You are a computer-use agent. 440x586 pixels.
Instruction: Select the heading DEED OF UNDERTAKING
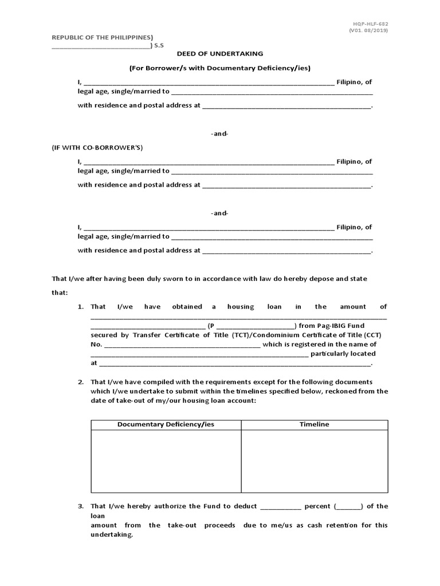(220, 53)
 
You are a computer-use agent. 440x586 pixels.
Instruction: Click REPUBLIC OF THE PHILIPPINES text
(103, 37)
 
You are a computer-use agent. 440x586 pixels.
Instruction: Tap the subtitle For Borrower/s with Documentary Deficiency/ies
(220, 68)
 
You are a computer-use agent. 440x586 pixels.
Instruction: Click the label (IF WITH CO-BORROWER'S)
(97, 148)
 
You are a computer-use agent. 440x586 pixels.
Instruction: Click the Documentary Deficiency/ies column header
(166, 425)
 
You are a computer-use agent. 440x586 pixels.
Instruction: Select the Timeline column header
(315, 425)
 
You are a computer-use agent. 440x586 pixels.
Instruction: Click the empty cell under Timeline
(315, 461)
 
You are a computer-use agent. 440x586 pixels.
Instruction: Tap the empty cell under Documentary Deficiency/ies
(166, 461)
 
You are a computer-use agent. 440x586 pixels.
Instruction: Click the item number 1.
(81, 307)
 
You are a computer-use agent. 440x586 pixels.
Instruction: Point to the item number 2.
(81, 382)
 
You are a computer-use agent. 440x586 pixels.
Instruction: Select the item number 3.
(81, 506)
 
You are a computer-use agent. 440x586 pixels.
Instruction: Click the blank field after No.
(182, 345)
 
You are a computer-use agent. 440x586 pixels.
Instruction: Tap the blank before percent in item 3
(280, 507)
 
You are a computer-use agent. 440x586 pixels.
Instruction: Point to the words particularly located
(343, 354)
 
